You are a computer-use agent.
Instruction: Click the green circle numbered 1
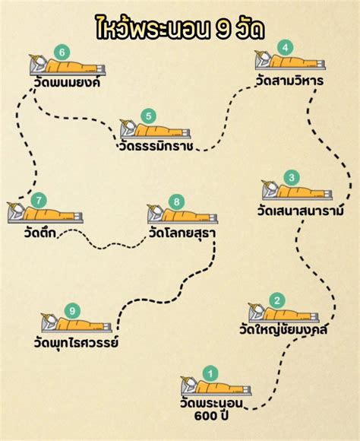210,373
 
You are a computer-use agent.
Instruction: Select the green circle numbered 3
290,178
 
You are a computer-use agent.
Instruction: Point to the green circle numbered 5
149,116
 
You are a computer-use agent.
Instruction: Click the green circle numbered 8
177,201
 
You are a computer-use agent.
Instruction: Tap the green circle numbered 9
72,310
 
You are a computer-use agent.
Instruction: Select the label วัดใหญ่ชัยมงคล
288,330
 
